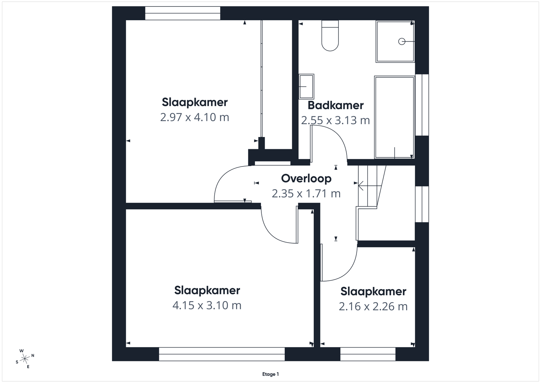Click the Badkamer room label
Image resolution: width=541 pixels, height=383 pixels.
pos(336,105)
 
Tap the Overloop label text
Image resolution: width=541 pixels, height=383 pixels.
pos(306,179)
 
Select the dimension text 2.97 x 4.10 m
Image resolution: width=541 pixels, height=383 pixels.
pos(195,117)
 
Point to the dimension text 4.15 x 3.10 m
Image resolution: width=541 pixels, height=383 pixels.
pos(207,305)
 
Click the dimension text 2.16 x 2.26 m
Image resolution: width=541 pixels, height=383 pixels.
pos(373,307)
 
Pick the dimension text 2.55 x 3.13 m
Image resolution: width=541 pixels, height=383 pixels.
pos(335,120)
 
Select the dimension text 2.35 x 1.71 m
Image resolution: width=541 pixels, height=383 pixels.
pos(306,193)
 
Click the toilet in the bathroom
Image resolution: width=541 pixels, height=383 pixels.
pos(330,36)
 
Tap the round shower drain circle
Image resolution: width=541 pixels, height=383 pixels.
pos(402,42)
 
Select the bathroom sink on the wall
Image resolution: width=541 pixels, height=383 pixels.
pos(306,87)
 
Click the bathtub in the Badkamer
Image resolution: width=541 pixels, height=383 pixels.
pos(395,117)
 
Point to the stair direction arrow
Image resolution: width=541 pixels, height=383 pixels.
pos(370,186)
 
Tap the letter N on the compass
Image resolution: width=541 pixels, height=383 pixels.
pos(33,356)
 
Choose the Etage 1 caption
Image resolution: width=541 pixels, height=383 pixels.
pos(270,374)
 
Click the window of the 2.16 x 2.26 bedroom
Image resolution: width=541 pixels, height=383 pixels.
pos(368,354)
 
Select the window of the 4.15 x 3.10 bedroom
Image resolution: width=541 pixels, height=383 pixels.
pos(222,354)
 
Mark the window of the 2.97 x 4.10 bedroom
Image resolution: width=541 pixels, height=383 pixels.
pos(183,13)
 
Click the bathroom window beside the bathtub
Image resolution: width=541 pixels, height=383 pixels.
pos(422,105)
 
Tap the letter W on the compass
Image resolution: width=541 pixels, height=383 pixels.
pos(22,351)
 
